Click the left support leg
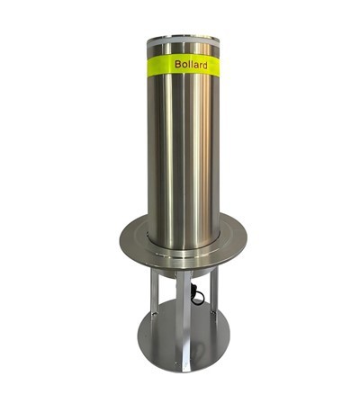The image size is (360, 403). pyautogui.click(x=155, y=301)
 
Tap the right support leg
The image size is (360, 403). pyautogui.click(x=213, y=301)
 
